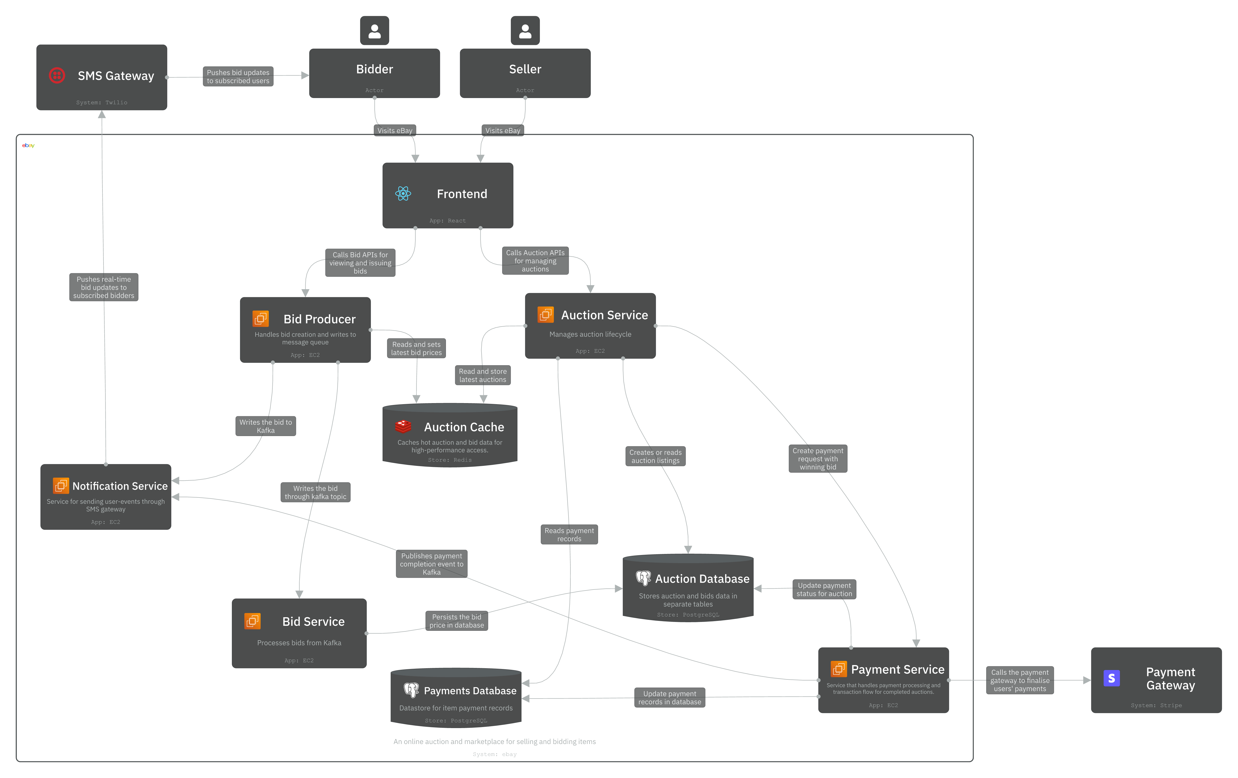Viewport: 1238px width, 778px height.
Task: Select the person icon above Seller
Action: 525,31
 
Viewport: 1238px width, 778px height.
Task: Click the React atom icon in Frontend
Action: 403,194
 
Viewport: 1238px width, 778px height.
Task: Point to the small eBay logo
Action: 28,146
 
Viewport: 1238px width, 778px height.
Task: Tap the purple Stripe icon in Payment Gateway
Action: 1111,678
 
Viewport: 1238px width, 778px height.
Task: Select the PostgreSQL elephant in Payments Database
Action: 411,690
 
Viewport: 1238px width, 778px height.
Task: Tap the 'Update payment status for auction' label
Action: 824,589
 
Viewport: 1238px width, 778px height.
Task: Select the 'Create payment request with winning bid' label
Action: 817,459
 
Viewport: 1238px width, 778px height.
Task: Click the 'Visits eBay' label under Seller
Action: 502,131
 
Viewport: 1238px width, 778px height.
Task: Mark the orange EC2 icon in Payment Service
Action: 839,669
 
